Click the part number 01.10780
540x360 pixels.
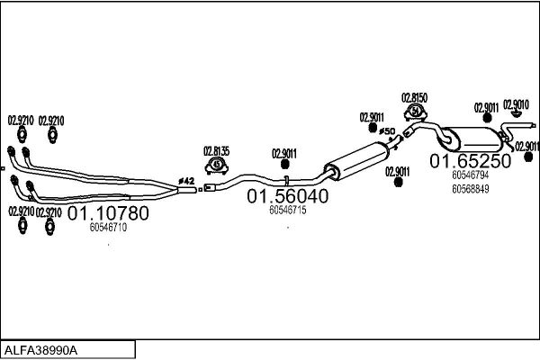coord(108,214)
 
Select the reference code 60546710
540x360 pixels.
coord(108,228)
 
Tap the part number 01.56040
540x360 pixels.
coord(288,195)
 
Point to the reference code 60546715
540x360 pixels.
coord(288,209)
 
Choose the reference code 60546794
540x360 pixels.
coord(471,175)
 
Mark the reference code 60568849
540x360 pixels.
coord(471,188)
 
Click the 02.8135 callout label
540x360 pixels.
coord(216,150)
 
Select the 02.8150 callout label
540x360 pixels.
coord(414,97)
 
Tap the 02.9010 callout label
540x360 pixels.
coord(516,103)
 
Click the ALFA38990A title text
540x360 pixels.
coord(40,349)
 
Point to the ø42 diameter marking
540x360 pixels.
coord(187,181)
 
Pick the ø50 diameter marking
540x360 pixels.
coord(387,132)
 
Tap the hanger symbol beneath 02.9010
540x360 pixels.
coord(516,113)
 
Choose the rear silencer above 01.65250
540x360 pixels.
coord(477,140)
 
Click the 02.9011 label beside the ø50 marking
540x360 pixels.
coord(372,116)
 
